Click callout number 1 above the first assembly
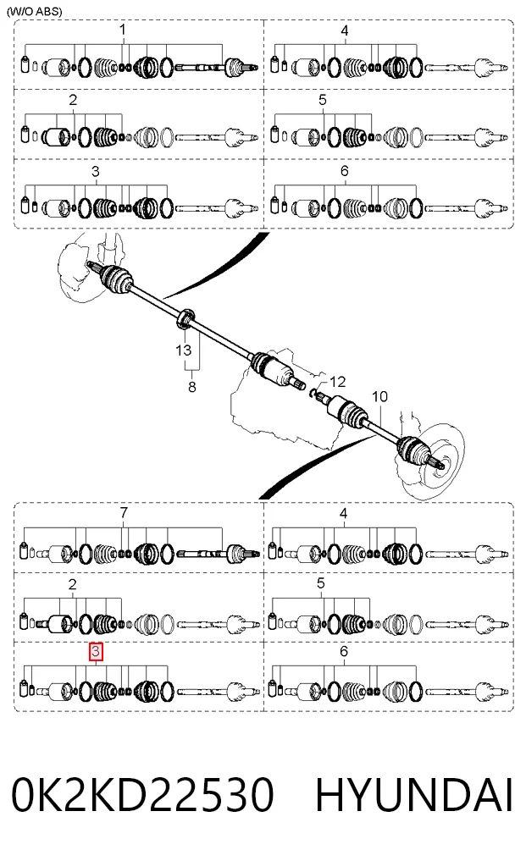pos(123,29)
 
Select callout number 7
pos(124,512)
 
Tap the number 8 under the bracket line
pos(191,387)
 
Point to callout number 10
pos(379,396)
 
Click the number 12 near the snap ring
pos(337,382)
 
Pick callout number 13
pos(184,350)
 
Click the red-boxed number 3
pos(97,652)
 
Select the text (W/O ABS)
pos(35,11)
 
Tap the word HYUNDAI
pos(414,794)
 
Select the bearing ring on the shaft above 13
pos(185,318)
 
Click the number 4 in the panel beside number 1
pos(345,30)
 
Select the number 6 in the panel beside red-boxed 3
pos(344,651)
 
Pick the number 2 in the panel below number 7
pos(73,585)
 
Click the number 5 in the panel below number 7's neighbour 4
pos(322,583)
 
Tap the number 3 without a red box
pos(96,171)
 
